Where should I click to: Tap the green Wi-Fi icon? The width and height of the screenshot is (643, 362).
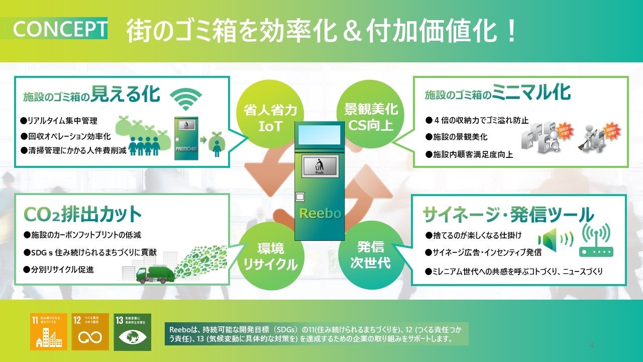pyautogui.click(x=186, y=100)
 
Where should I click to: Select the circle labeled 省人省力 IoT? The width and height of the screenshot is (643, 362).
pyautogui.click(x=270, y=117)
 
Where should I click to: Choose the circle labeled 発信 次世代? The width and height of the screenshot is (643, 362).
pyautogui.click(x=370, y=255)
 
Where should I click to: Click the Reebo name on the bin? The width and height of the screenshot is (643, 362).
pyautogui.click(x=320, y=213)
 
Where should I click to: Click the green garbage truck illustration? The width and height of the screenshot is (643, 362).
pyautogui.click(x=156, y=274)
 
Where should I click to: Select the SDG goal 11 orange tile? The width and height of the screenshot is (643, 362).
pyautogui.click(x=49, y=332)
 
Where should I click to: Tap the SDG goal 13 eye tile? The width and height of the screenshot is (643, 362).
pyautogui.click(x=132, y=332)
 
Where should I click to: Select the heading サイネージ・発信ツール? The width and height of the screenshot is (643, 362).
pyautogui.click(x=508, y=215)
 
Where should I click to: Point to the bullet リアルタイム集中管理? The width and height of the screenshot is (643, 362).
pyautogui.click(x=59, y=121)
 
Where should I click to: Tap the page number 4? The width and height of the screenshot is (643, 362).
pyautogui.click(x=591, y=345)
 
